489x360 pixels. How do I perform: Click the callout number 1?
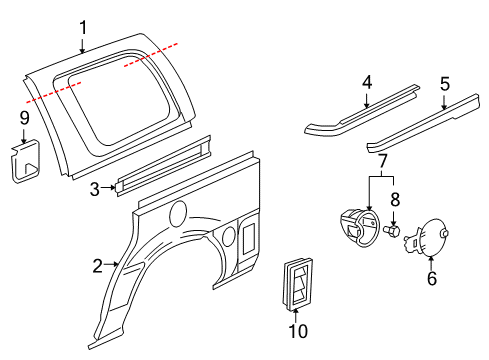coord(84,28)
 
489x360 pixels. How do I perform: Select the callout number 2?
coord(98,266)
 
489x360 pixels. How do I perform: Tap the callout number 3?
coord(93,187)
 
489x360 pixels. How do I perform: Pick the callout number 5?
coord(445,84)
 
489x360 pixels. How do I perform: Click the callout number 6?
coord(432,279)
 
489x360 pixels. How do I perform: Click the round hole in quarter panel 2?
coord(180,212)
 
